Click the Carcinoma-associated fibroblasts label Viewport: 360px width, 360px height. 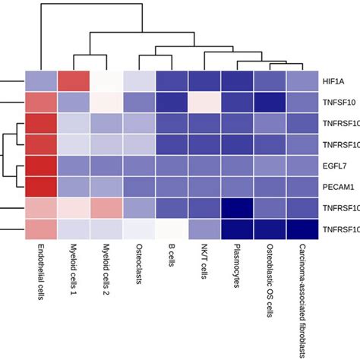pyautogui.click(x=302, y=296)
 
